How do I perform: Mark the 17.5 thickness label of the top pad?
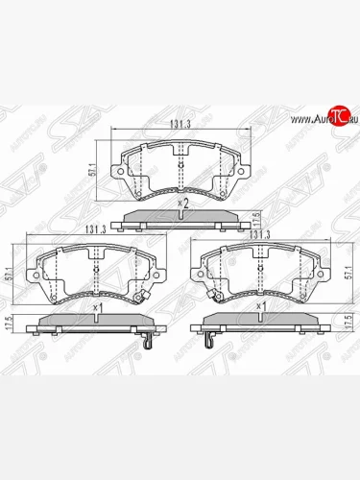(x=257, y=219)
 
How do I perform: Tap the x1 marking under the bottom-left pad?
(x=97, y=308)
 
